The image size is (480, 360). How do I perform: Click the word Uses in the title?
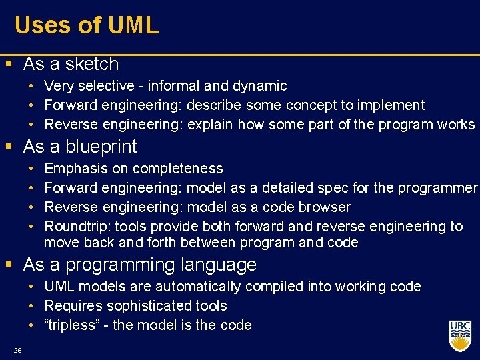(41, 25)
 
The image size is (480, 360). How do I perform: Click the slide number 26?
(17, 350)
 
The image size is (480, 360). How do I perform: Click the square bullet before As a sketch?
(7, 65)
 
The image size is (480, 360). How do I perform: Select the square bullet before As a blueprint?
(7, 147)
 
